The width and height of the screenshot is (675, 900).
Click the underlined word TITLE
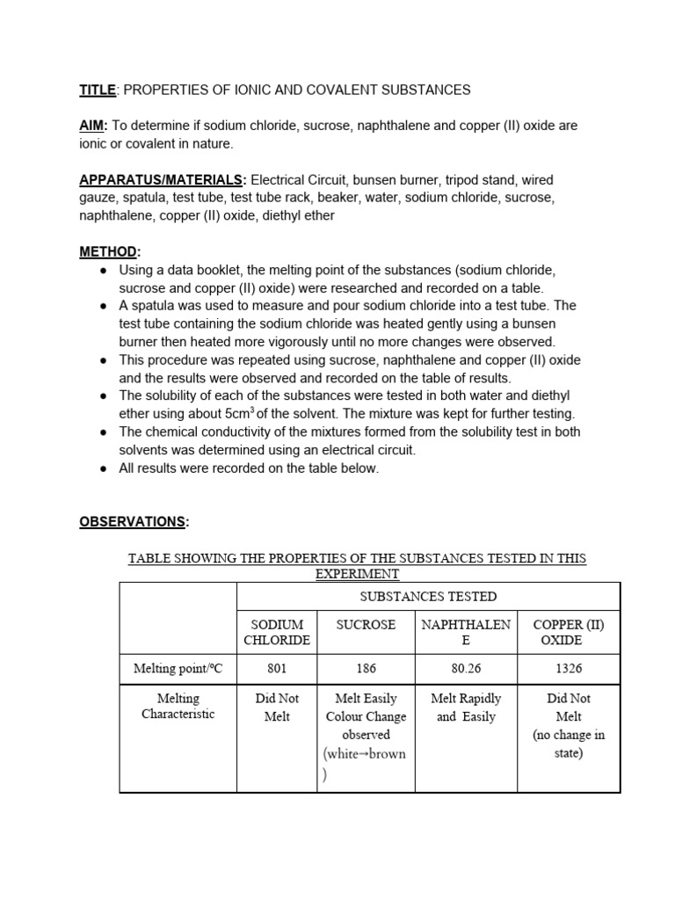(98, 90)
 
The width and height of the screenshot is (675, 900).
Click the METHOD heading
(109, 251)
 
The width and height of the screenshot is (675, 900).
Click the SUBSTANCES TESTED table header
(428, 597)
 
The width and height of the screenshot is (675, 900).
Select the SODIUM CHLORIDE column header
(277, 633)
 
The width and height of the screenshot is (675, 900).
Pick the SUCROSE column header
(366, 625)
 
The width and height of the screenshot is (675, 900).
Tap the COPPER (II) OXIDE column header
(569, 633)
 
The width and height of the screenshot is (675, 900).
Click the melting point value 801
(277, 669)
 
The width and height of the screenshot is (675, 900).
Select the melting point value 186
(366, 669)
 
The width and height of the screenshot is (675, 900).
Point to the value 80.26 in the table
(466, 669)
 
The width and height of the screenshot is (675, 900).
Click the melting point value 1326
(569, 669)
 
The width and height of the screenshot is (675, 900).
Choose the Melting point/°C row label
(178, 669)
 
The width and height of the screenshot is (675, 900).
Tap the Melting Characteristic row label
(178, 707)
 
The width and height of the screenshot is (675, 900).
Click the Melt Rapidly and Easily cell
(466, 708)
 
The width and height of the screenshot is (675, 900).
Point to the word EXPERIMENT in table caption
(357, 574)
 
